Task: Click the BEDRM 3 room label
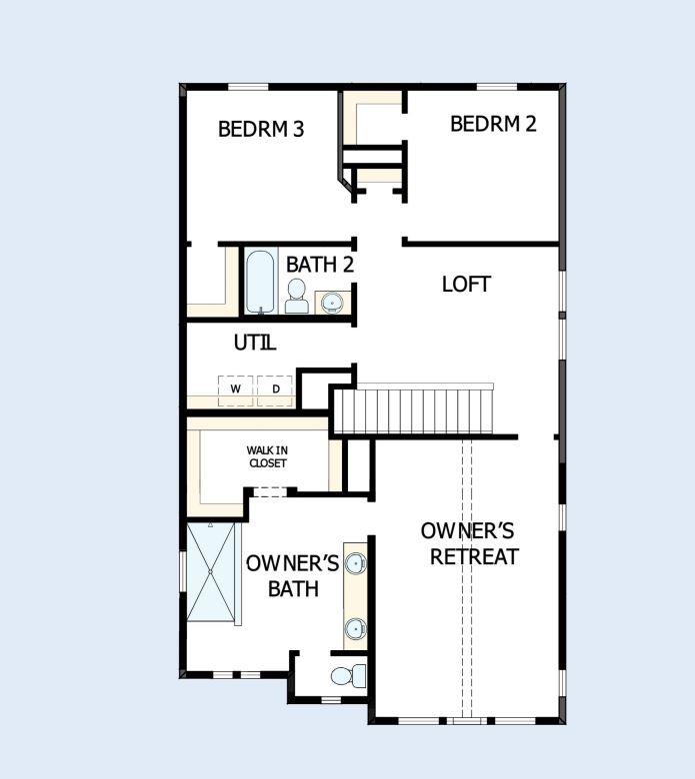click(x=261, y=129)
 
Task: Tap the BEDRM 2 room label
click(x=493, y=124)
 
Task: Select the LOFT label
click(x=466, y=284)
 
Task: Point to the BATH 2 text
click(x=320, y=265)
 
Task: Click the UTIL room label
click(x=255, y=343)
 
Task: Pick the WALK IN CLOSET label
click(x=267, y=457)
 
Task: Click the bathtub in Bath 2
click(x=259, y=281)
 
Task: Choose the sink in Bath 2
click(x=331, y=301)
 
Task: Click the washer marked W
click(x=236, y=389)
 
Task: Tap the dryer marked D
click(x=275, y=389)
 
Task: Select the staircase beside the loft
click(x=414, y=409)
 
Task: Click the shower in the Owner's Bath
click(x=211, y=573)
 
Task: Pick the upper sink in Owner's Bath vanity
click(x=355, y=564)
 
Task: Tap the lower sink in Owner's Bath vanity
click(x=355, y=628)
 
